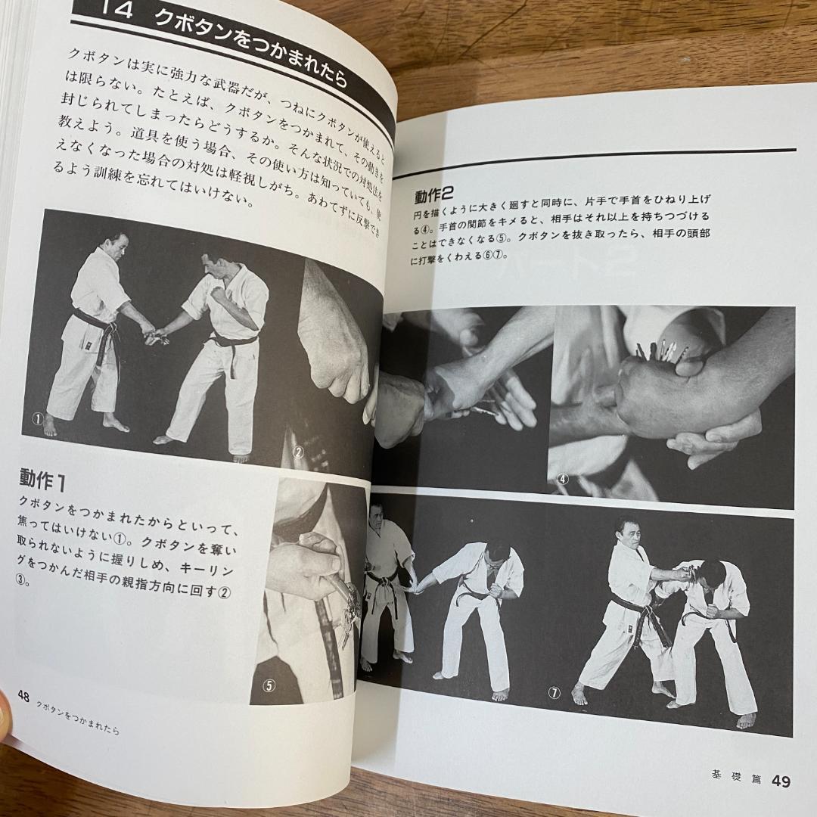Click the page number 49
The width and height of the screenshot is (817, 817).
pos(780,780)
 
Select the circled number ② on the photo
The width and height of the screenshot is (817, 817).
pos(298,453)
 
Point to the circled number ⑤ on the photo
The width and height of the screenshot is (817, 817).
pos(269,686)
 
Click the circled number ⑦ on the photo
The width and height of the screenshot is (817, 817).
pos(555,692)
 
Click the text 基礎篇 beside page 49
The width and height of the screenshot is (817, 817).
pos(732,776)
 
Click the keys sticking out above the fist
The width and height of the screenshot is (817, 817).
pos(663,349)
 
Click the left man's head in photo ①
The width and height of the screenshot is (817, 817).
pos(116,246)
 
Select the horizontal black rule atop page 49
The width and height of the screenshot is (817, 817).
pos(598,157)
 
